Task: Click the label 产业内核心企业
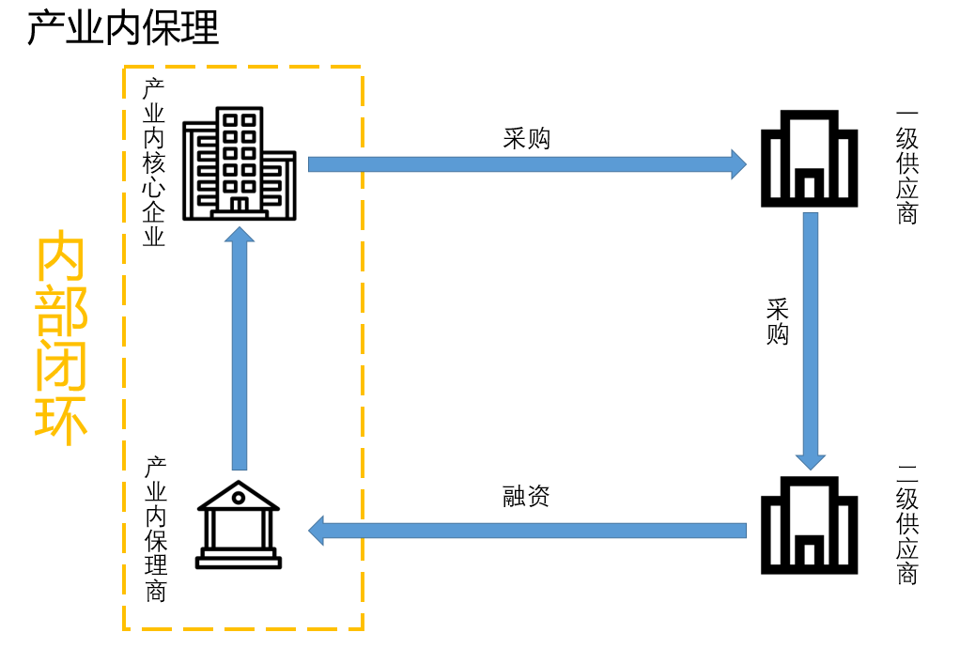tap(153, 162)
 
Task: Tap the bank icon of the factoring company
tap(239, 525)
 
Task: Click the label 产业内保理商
tap(156, 529)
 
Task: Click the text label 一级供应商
tap(906, 167)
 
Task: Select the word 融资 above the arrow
tap(526, 496)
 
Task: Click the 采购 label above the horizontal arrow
tap(526, 139)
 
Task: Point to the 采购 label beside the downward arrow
tap(777, 322)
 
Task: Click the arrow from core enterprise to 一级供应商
tap(526, 164)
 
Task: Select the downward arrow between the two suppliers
tap(810, 338)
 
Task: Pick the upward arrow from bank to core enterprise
tap(240, 347)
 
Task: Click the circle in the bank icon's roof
tap(239, 496)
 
